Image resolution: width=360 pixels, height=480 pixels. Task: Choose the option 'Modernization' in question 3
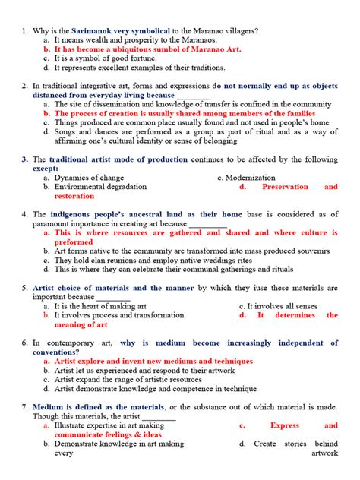(x=246, y=178)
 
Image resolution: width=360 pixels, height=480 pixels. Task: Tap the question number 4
(x=25, y=214)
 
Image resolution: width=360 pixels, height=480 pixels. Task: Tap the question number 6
(x=25, y=343)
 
